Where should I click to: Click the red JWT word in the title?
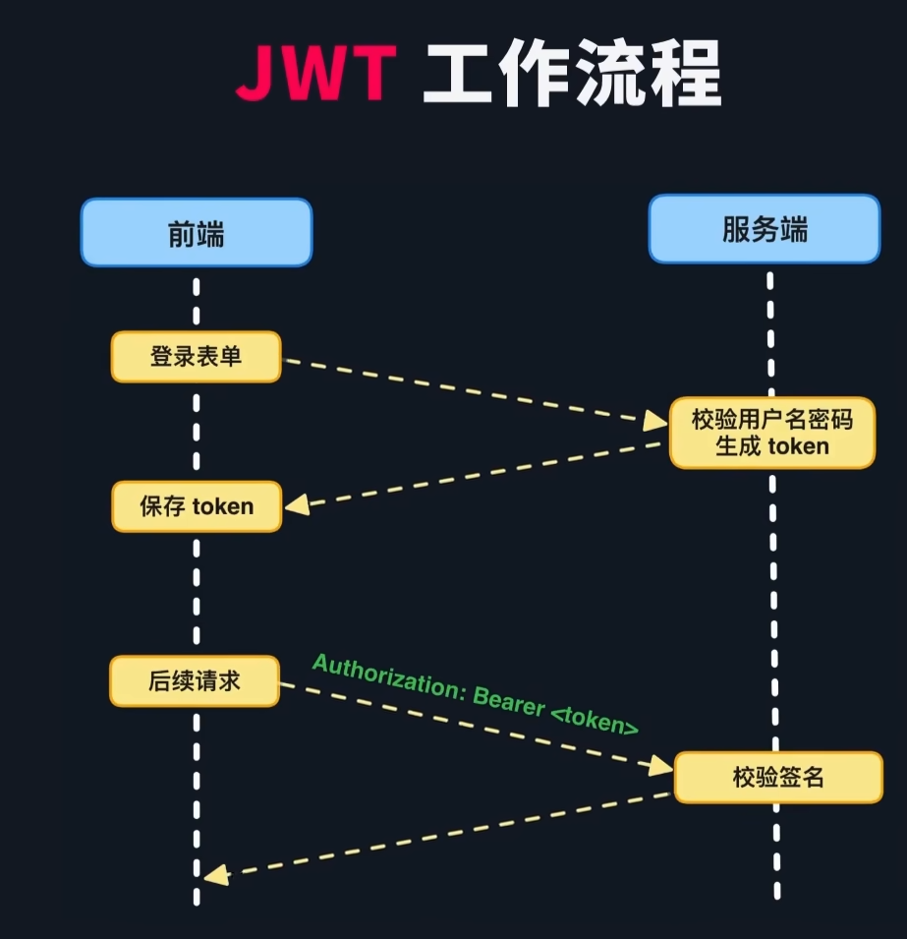pyautogui.click(x=315, y=74)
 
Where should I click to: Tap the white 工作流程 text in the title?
pyautogui.click(x=572, y=74)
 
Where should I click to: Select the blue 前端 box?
pyautogui.click(x=197, y=233)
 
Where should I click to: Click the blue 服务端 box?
pyautogui.click(x=765, y=229)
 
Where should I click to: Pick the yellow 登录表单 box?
pyautogui.click(x=196, y=356)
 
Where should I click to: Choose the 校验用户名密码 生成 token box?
pyautogui.click(x=771, y=433)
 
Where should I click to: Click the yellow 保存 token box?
pyautogui.click(x=197, y=506)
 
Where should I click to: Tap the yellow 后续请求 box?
pyautogui.click(x=195, y=681)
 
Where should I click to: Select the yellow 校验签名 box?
pyautogui.click(x=778, y=777)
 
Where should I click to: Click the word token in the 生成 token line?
pyautogui.click(x=798, y=446)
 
